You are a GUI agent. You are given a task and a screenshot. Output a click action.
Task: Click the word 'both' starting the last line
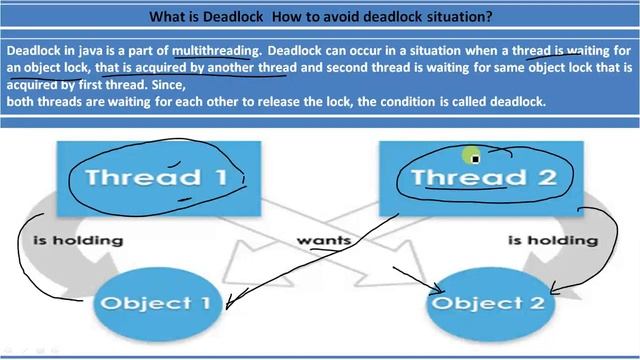pos(22,102)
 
